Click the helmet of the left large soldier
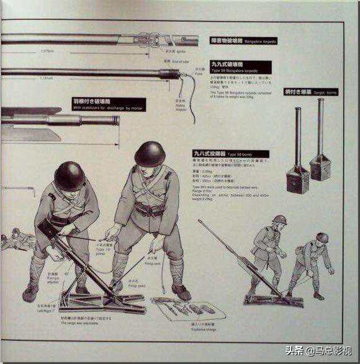coord(69,176)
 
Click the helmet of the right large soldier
coord(150,154)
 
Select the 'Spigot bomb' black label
coord(310,92)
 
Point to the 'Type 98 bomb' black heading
coord(230,153)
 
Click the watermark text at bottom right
coord(317,350)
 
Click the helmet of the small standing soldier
coord(280,220)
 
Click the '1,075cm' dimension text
coord(46,51)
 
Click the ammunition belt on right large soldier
coord(150,210)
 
